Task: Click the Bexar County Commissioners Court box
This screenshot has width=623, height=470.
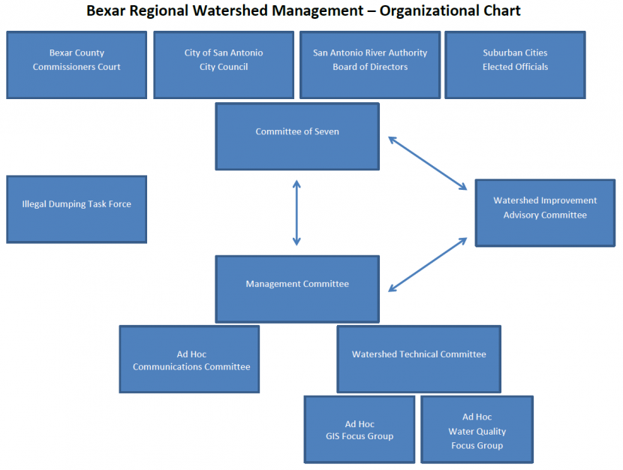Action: [x=76, y=65]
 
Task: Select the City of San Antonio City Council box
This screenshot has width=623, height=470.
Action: [x=223, y=65]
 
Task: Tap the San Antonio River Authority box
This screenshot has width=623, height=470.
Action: [x=369, y=65]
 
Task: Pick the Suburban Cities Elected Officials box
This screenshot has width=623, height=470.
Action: [x=515, y=65]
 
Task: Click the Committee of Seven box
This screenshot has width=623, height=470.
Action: [x=297, y=137]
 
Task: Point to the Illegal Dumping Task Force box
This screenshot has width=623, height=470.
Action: [x=76, y=209]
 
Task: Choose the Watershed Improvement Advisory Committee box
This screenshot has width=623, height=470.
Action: [x=545, y=212]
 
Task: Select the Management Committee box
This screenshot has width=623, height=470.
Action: [x=297, y=289]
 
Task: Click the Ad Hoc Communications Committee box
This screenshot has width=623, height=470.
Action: [x=189, y=359]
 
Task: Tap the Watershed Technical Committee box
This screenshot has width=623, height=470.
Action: [x=419, y=359]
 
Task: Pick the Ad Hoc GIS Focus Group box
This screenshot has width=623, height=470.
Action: [x=359, y=429]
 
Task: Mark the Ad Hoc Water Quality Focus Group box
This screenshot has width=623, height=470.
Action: [x=477, y=429]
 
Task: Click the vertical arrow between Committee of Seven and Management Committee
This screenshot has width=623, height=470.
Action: [x=296, y=212]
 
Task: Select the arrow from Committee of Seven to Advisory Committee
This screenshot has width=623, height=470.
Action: [x=427, y=163]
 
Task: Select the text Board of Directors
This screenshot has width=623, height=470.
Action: [x=370, y=67]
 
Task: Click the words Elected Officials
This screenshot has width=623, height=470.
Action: [x=515, y=67]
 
